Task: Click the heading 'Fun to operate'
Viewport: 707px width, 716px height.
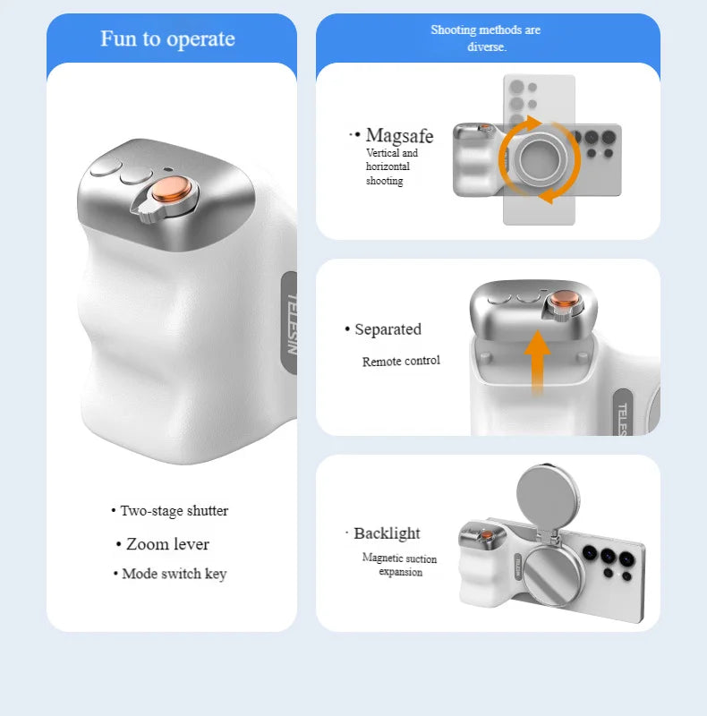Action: pyautogui.click(x=167, y=38)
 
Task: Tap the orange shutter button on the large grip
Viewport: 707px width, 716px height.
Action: pyautogui.click(x=171, y=189)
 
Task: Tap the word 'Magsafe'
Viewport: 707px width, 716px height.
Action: pyautogui.click(x=400, y=136)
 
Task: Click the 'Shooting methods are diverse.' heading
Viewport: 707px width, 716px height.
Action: pyautogui.click(x=486, y=38)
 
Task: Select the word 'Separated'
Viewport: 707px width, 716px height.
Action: pyautogui.click(x=388, y=329)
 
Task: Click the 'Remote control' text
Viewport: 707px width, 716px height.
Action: pyautogui.click(x=401, y=362)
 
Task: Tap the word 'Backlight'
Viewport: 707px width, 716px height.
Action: pyautogui.click(x=387, y=533)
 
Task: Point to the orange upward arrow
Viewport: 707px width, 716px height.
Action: pyautogui.click(x=537, y=362)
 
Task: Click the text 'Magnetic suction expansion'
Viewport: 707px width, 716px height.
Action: pyautogui.click(x=400, y=565)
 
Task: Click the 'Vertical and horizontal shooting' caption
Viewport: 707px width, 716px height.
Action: pyautogui.click(x=392, y=166)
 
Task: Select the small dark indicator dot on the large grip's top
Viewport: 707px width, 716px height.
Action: pyautogui.click(x=168, y=169)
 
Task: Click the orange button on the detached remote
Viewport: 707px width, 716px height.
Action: pyautogui.click(x=565, y=300)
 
